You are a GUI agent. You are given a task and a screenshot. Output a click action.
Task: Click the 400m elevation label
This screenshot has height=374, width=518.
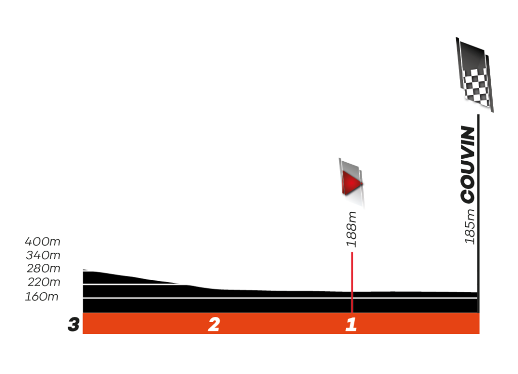tap(43, 242)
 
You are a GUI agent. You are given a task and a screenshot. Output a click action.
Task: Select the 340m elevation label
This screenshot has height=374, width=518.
tap(43, 255)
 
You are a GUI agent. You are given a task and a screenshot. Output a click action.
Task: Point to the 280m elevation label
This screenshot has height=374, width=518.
tap(43, 269)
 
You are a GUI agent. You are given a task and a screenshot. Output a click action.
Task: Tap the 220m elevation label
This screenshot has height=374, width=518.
tap(43, 283)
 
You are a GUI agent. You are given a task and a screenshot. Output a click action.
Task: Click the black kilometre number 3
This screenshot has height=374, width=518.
tap(74, 324)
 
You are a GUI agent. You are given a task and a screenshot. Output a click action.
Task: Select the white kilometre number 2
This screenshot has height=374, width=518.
tap(214, 324)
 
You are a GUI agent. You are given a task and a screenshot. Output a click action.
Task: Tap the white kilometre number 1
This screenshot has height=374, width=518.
tap(351, 324)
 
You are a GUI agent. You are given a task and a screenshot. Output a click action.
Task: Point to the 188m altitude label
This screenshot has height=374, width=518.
tap(352, 229)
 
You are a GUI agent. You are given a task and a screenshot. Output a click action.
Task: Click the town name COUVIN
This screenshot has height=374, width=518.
tap(468, 165)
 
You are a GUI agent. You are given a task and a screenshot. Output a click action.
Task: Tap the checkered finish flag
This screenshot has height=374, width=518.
tap(476, 76)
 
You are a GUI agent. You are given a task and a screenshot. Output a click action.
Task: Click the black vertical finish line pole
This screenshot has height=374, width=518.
tap(478, 212)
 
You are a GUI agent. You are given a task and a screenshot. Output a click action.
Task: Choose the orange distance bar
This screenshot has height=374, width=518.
tap(281, 324)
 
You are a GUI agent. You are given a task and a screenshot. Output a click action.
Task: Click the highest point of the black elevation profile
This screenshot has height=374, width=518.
tap(84, 271)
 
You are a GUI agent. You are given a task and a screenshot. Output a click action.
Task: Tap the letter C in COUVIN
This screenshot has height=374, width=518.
tap(468, 196)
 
